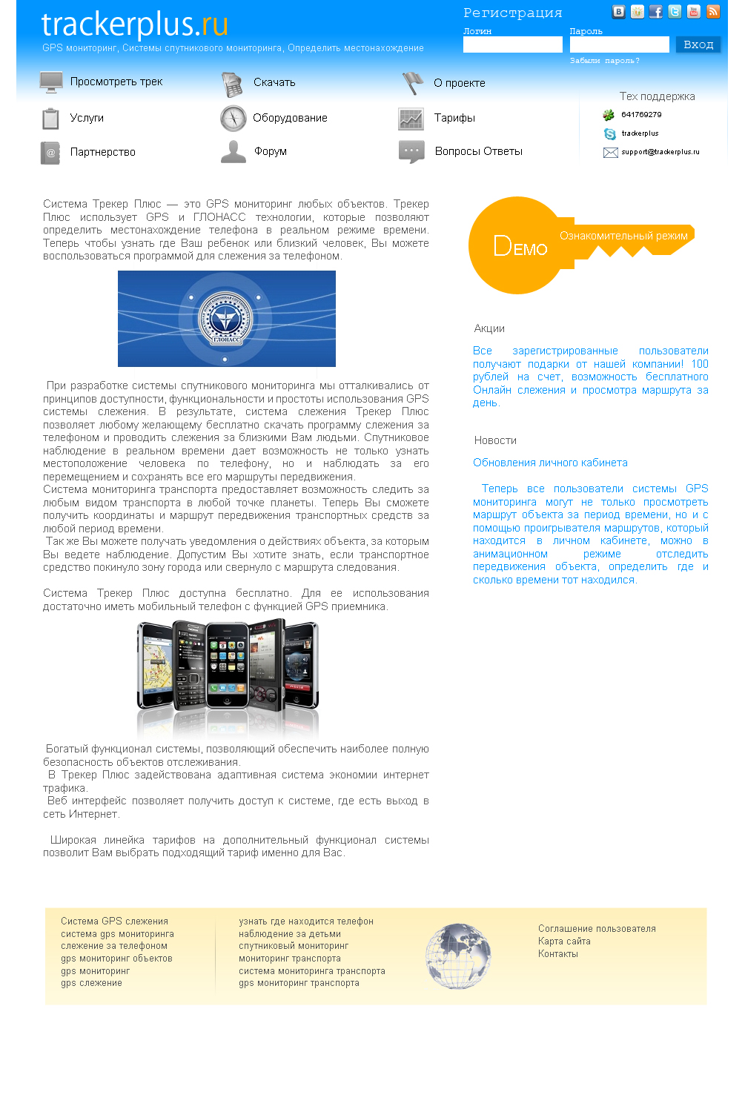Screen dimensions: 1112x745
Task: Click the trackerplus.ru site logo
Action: point(134,25)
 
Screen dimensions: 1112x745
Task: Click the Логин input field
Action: point(512,45)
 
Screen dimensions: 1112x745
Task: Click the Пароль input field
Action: point(619,45)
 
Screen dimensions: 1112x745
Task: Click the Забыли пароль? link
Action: point(604,61)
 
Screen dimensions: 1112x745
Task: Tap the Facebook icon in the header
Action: point(656,12)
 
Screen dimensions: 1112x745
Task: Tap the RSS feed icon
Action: point(713,12)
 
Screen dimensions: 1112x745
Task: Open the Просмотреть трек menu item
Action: point(116,82)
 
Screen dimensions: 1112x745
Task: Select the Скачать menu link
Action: point(274,83)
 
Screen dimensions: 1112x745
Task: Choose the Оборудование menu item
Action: point(290,119)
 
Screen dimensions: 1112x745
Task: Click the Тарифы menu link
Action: point(454,119)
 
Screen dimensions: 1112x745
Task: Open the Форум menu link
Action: point(271,152)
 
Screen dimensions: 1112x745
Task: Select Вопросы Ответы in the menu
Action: point(478,152)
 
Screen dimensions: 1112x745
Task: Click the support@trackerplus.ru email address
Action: point(660,152)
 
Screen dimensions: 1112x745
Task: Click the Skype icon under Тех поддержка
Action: point(610,134)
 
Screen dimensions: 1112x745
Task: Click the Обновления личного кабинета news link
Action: point(550,463)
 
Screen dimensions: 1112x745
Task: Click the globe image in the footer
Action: point(458,956)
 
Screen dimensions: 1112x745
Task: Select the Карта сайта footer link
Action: point(564,942)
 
